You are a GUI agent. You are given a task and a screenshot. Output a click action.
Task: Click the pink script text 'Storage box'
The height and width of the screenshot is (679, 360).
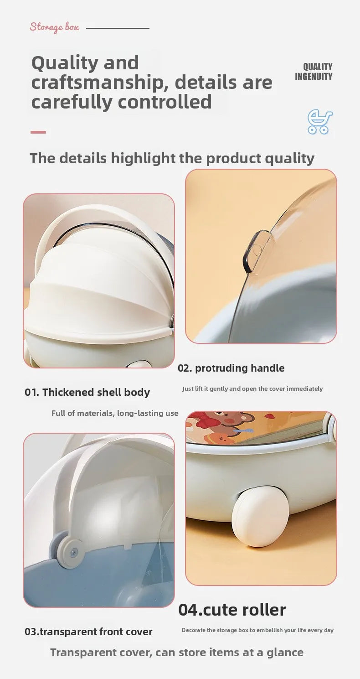click(x=55, y=27)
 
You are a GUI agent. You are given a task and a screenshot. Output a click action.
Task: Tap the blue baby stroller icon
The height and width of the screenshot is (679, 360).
click(x=320, y=122)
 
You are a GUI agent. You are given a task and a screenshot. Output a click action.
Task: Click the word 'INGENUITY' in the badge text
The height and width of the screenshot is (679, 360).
click(x=314, y=77)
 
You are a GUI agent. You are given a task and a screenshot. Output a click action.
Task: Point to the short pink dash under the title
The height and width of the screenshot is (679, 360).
click(x=38, y=132)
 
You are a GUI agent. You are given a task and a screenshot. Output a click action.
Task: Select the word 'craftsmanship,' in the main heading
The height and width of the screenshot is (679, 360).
click(x=99, y=83)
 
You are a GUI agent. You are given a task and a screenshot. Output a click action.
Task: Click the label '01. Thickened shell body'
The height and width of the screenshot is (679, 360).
click(x=87, y=392)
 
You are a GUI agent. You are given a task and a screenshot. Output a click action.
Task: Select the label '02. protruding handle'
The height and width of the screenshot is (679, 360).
click(x=231, y=368)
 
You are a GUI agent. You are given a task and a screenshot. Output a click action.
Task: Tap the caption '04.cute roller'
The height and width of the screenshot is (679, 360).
click(x=232, y=610)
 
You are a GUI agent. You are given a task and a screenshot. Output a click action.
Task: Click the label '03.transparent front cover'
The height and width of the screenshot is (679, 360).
click(x=88, y=632)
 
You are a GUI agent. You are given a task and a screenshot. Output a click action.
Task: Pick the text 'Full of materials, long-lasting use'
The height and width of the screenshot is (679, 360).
click(x=115, y=413)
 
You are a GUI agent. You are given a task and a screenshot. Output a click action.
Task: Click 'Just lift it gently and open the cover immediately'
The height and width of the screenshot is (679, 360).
click(x=252, y=389)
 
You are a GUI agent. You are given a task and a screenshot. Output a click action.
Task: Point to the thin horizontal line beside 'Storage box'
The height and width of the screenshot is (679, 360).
click(x=118, y=28)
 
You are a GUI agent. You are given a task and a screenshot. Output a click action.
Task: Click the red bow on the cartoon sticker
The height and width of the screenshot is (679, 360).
click(x=202, y=420)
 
